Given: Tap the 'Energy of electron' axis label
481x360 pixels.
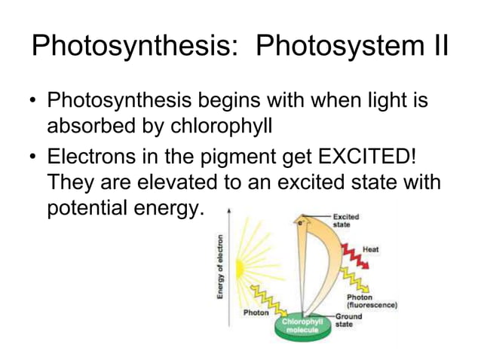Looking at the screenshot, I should (x=220, y=267).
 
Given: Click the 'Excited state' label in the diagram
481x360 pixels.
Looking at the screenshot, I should (x=346, y=220).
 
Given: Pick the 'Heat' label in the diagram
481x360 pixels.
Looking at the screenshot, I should (x=370, y=248).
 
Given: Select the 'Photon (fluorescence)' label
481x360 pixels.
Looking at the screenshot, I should (x=370, y=301).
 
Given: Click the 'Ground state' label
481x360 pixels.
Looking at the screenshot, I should (x=348, y=320).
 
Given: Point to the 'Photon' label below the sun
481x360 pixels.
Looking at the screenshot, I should (x=257, y=311).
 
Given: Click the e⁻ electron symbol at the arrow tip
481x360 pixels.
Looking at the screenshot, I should (x=301, y=224).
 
